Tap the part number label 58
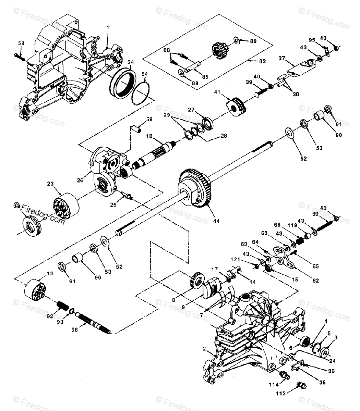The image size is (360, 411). coord(21,43)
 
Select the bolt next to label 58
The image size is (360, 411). coord(20,56)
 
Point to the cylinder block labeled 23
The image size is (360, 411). coord(66,207)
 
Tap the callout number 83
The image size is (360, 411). coord(263,61)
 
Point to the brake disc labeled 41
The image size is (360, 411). coord(237,104)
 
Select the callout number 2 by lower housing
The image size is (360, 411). coord(204,349)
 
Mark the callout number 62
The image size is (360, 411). coord(315,281)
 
